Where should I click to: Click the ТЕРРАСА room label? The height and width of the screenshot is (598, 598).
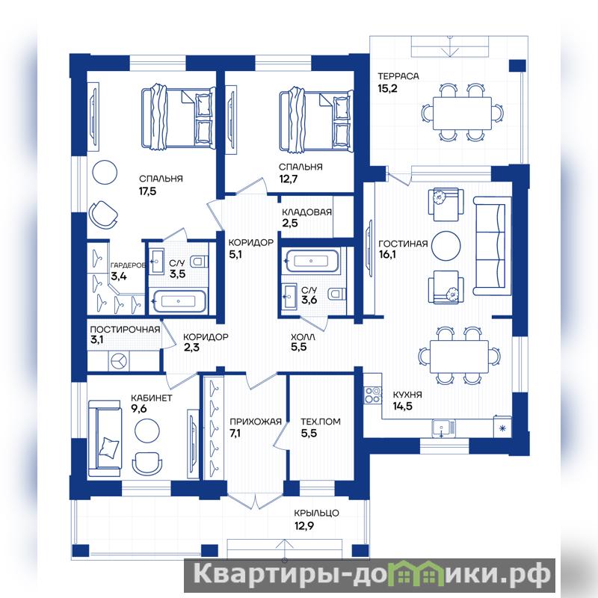click(x=398, y=76)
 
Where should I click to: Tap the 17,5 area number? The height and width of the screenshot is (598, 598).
click(x=147, y=191)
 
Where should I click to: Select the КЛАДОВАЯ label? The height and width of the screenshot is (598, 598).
click(x=306, y=212)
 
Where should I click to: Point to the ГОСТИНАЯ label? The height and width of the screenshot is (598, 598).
click(x=403, y=244)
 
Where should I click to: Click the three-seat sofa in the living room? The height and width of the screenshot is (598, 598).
click(x=492, y=246)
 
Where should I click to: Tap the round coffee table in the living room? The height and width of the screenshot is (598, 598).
click(x=446, y=246)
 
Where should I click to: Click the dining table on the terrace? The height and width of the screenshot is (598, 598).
click(x=462, y=114)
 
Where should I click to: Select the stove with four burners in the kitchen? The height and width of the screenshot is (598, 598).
click(x=372, y=395)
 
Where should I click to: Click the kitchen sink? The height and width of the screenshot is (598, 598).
click(x=443, y=428)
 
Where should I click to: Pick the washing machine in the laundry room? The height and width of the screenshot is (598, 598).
click(x=119, y=360)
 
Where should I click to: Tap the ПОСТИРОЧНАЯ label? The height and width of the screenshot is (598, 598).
click(x=125, y=330)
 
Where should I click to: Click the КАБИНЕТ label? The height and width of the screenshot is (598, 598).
click(x=152, y=398)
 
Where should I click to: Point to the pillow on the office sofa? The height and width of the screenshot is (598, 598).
click(x=108, y=447)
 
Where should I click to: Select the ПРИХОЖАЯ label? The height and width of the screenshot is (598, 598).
click(x=256, y=422)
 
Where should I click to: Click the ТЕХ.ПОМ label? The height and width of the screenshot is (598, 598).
click(x=321, y=422)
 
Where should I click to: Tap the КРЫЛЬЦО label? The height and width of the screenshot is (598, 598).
click(x=316, y=514)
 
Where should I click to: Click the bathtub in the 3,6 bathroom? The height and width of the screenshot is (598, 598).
click(x=312, y=261)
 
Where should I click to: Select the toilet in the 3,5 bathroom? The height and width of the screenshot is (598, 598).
click(x=200, y=261)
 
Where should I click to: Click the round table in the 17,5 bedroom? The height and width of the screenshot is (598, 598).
click(x=105, y=173)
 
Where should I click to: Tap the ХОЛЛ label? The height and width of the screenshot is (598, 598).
click(x=303, y=337)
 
